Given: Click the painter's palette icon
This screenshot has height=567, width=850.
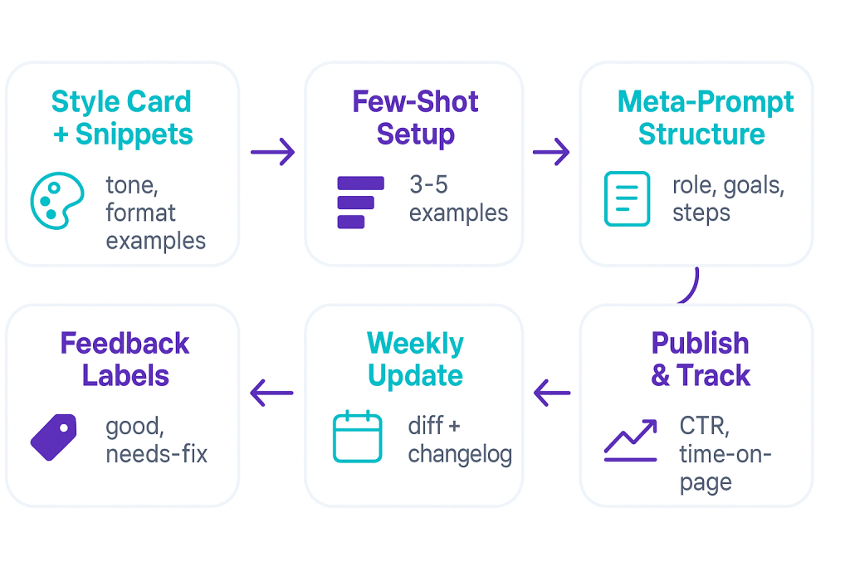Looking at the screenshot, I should click(x=57, y=200).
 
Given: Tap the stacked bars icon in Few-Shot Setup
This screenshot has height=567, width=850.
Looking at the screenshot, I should click(x=359, y=202).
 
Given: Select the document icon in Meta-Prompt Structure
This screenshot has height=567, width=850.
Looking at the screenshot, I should click(x=627, y=199).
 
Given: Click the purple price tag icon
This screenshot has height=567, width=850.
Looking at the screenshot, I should click(x=54, y=437).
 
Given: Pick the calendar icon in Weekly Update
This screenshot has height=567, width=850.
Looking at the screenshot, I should click(x=357, y=437).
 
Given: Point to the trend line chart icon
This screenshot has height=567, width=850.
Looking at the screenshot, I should click(x=631, y=440).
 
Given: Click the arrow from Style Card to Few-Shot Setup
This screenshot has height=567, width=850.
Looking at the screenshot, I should click(x=272, y=152).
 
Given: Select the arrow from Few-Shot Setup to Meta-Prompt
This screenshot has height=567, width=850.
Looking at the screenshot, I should click(x=551, y=152).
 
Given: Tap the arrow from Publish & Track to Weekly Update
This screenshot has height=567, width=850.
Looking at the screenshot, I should click(x=552, y=392).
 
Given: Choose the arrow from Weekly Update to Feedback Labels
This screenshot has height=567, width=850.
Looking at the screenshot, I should click(x=272, y=392).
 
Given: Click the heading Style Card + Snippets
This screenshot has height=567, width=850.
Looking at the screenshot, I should click(x=122, y=118).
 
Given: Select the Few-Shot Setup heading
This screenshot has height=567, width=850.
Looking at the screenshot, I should click(x=415, y=118).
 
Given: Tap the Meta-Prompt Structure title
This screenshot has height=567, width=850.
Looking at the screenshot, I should click(x=704, y=118).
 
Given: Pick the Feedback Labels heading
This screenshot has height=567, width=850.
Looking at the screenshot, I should click(x=125, y=359).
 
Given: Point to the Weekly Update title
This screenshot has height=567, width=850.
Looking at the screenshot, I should click(x=415, y=359).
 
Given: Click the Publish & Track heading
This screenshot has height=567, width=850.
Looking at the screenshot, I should click(x=700, y=359).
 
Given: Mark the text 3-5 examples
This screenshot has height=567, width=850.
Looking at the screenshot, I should click(x=457, y=198).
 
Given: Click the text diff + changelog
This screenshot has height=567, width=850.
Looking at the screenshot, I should click(x=459, y=439).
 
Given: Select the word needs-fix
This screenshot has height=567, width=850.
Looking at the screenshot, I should click(x=156, y=453).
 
